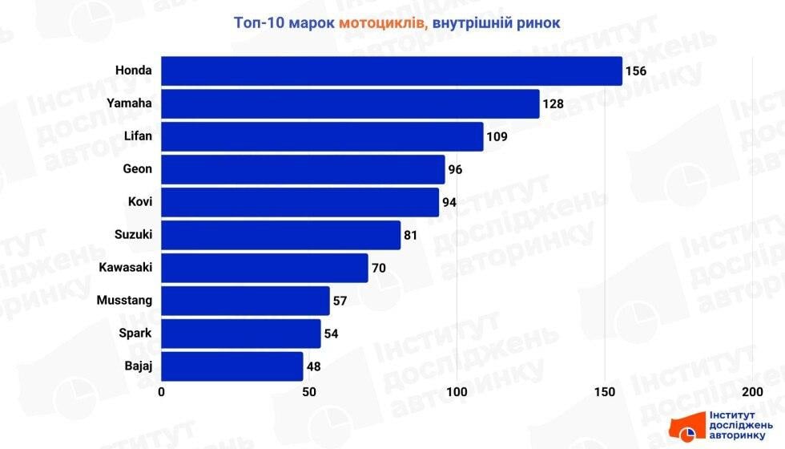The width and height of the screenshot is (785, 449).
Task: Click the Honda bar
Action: point(392,71)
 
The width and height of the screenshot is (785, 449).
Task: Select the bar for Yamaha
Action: point(350,103)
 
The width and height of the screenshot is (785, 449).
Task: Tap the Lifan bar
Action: point(322,136)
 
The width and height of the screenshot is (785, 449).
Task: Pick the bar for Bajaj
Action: point(232,366)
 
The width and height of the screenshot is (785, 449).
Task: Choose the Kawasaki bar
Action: point(264,268)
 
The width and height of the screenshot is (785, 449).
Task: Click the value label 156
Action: point(636,71)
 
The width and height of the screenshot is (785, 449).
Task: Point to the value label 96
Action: point(456,169)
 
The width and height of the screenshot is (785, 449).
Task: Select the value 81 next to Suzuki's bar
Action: point(412,235)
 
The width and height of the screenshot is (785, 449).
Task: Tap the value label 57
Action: point(340,301)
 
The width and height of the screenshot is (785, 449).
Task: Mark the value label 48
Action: point(314,366)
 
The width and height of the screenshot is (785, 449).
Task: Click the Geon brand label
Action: point(138,169)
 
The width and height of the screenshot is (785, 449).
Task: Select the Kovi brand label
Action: point(140,202)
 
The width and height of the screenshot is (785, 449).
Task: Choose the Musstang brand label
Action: point(124,301)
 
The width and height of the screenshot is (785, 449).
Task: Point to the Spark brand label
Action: point(136,334)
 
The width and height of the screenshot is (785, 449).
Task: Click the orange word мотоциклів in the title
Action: point(382,22)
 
